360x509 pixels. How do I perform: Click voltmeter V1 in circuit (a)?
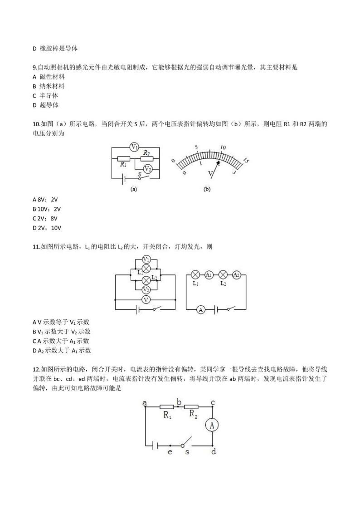coord(134,147)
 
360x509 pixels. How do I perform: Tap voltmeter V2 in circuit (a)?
coord(147,168)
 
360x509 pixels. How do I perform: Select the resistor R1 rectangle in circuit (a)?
coord(124,159)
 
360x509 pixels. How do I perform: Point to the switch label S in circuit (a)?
coord(140,174)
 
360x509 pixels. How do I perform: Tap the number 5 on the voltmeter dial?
coord(196,147)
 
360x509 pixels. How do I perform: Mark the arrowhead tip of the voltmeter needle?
coord(219,162)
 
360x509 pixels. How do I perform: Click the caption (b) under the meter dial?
coord(207,189)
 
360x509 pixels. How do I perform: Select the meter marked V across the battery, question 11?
coord(146,299)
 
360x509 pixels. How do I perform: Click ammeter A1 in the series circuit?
coord(209,275)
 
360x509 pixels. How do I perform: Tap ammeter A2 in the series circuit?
coord(236,275)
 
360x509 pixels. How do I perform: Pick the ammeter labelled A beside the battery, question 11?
coord(201,309)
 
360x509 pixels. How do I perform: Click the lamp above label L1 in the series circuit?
coord(195,275)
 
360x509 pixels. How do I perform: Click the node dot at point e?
coord(170,445)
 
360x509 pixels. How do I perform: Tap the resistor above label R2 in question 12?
coord(191,406)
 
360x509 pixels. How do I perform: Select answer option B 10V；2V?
coord(47,209)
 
